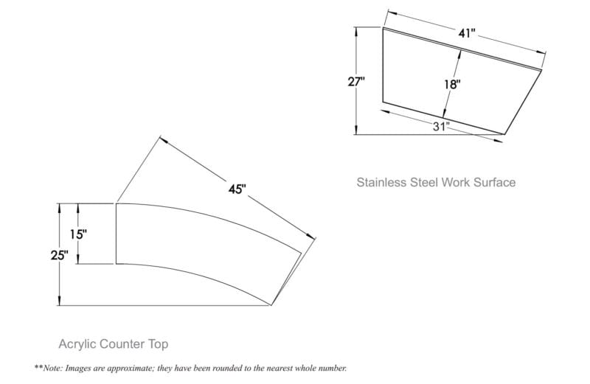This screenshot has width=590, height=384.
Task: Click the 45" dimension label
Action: pyautogui.click(x=237, y=189)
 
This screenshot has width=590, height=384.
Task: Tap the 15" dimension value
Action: pyautogui.click(x=78, y=234)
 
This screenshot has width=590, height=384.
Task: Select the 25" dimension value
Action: pyautogui.click(x=60, y=255)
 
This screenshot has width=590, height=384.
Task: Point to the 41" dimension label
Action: pyautogui.click(x=467, y=33)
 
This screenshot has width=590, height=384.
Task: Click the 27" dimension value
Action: pyautogui.click(x=356, y=81)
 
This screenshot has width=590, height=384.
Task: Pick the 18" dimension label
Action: pyautogui.click(x=452, y=84)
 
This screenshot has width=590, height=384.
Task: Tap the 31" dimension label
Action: pyautogui.click(x=441, y=126)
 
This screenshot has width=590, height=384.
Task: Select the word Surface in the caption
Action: pyautogui.click(x=494, y=182)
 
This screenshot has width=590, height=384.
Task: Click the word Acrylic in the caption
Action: pyautogui.click(x=77, y=344)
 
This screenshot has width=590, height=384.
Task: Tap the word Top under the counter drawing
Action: pyautogui.click(x=158, y=344)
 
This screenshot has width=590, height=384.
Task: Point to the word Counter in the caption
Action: pyautogui.click(x=122, y=344)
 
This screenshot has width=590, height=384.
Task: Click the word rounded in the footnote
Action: pyautogui.click(x=229, y=368)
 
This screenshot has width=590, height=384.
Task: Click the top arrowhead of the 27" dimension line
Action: pyautogui.click(x=356, y=31)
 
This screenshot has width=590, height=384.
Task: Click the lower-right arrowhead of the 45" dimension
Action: pyautogui.click(x=310, y=236)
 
